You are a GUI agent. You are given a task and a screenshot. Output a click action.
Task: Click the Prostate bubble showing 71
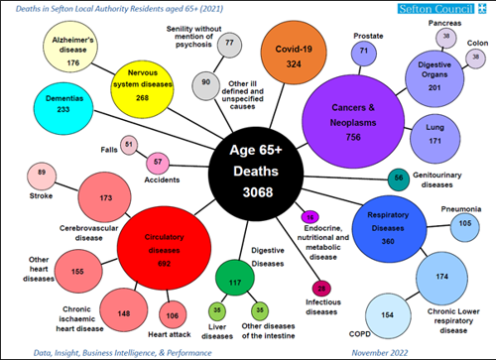click(366, 50)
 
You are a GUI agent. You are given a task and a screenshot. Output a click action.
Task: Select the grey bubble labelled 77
click(230, 45)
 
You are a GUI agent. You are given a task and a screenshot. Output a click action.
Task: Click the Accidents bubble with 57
click(156, 162)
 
